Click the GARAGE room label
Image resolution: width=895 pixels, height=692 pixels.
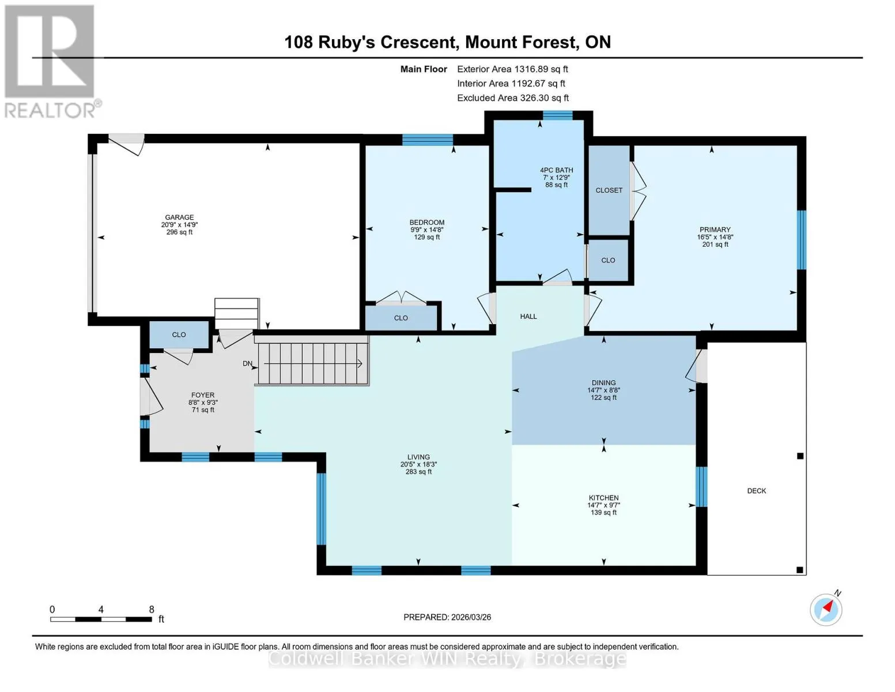(179, 217)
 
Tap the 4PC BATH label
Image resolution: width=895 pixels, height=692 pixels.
(557, 170)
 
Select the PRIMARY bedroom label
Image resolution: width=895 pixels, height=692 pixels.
(715, 230)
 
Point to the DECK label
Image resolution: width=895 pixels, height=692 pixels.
(757, 491)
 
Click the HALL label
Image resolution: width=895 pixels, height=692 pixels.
(528, 317)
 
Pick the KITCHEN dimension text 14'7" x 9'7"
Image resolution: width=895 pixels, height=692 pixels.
(604, 505)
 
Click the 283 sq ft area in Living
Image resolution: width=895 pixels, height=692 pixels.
(418, 472)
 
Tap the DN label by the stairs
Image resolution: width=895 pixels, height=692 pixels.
(248, 363)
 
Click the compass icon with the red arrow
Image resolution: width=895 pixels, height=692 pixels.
(826, 610)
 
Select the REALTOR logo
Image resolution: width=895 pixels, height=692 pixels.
(51, 62)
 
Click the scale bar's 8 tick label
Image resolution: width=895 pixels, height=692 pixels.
(152, 609)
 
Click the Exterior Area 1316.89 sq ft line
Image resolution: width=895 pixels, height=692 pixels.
(513, 69)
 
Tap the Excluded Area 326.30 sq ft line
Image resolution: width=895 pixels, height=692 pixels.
(513, 98)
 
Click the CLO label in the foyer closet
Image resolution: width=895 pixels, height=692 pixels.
(179, 334)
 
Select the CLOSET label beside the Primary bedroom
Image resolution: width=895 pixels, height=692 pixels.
(609, 190)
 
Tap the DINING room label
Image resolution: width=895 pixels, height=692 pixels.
(604, 383)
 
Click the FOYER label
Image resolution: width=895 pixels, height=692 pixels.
(203, 395)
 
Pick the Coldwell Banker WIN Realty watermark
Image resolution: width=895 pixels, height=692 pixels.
(447, 659)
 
